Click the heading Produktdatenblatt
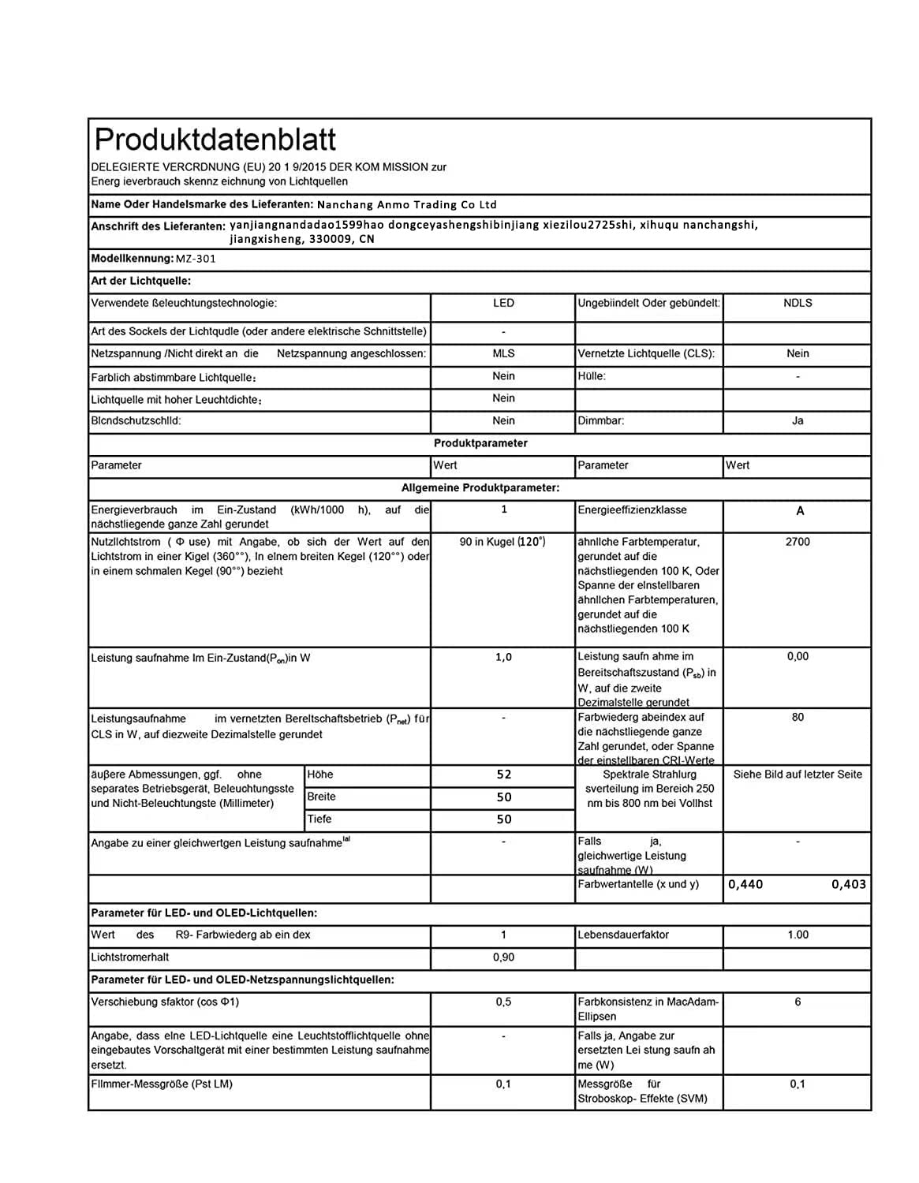click(x=215, y=140)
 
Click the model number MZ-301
click(x=196, y=259)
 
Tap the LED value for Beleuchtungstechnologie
click(x=503, y=304)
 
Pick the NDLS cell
click(x=798, y=304)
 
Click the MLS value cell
click(x=503, y=354)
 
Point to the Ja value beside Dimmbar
click(x=798, y=421)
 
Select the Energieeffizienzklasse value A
click(x=800, y=511)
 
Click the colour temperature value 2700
click(x=798, y=542)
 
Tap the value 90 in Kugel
click(x=502, y=542)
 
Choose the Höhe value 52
click(x=504, y=774)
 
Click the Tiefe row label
click(x=319, y=819)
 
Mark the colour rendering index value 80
click(x=798, y=718)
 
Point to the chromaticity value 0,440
click(x=745, y=884)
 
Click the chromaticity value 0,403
click(x=849, y=884)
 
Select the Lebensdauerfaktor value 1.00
click(x=798, y=935)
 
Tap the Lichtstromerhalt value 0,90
click(x=503, y=957)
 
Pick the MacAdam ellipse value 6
click(x=798, y=1002)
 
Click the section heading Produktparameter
click(x=480, y=443)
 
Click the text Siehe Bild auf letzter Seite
click(x=798, y=774)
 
